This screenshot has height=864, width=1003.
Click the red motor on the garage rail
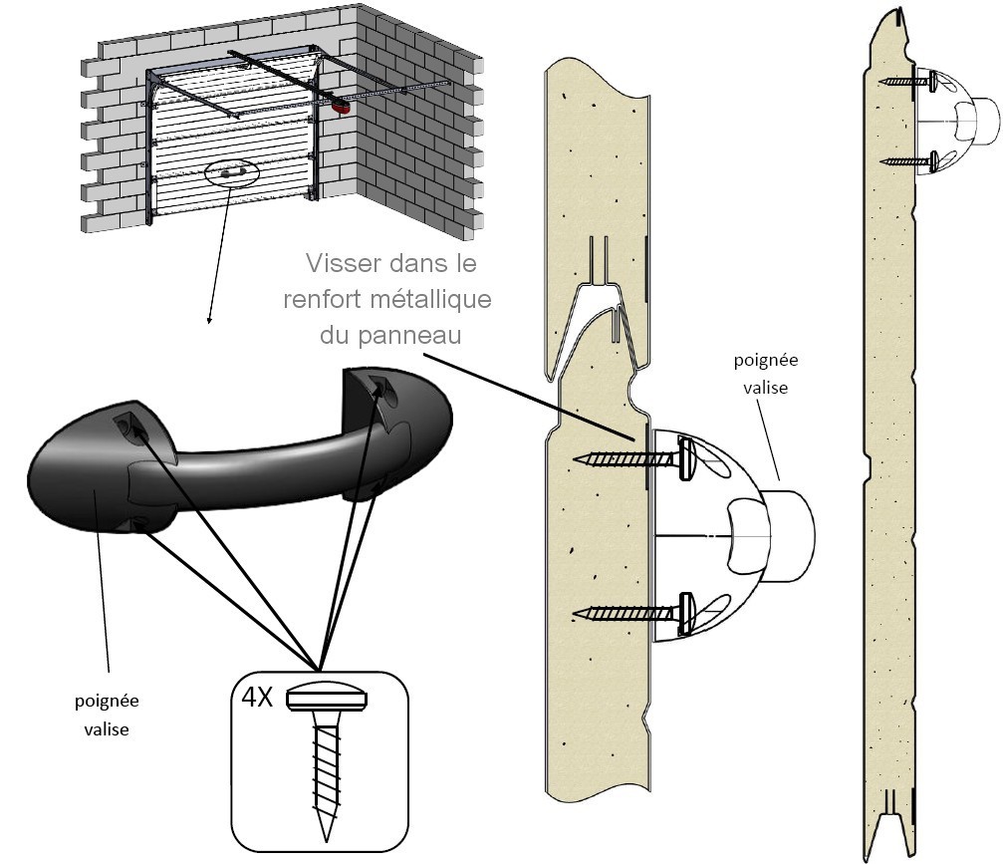pyautogui.click(x=343, y=105)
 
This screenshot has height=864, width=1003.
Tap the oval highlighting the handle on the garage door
pyautogui.click(x=230, y=173)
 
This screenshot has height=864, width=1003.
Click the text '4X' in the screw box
pyautogui.click(x=256, y=697)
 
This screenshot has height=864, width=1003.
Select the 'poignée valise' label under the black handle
pyautogui.click(x=108, y=714)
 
